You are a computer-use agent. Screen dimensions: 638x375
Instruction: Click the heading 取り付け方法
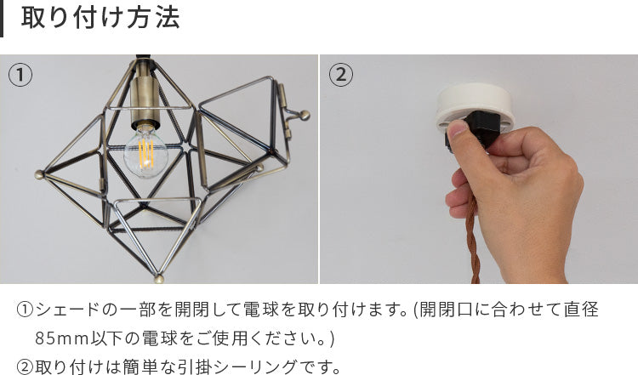100,18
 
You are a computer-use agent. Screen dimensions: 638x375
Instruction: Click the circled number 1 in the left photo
20,75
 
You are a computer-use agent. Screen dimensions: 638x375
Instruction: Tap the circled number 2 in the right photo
341,75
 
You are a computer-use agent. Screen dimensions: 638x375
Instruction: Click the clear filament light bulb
145,151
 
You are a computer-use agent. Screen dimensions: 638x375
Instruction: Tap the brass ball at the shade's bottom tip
159,279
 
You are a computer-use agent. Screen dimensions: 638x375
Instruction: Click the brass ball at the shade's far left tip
39,175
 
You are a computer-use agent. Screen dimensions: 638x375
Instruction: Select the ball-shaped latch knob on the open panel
305,116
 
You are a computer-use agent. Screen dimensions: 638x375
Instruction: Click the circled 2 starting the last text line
26,366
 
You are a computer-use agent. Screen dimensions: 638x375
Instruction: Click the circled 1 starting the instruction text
26,310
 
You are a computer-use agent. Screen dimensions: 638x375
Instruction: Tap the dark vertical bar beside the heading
2,19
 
